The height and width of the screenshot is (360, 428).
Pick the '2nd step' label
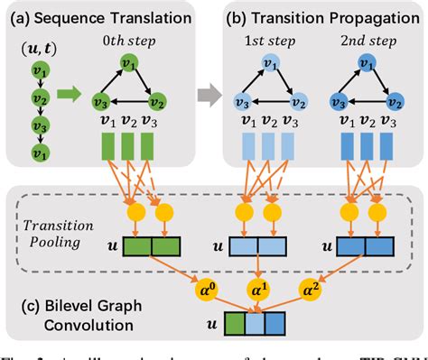(x=362, y=43)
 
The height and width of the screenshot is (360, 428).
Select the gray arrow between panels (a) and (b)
(x=210, y=90)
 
